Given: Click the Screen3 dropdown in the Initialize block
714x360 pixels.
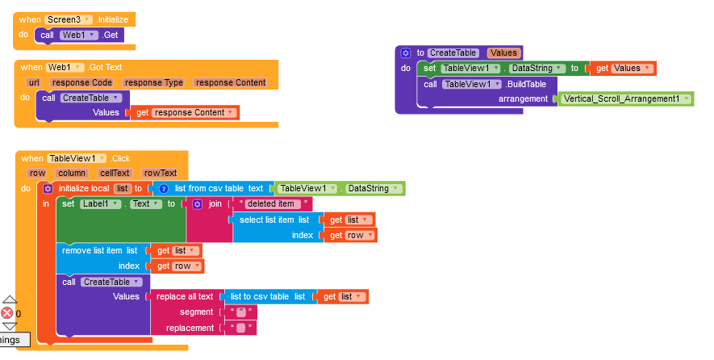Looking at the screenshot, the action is [69, 19].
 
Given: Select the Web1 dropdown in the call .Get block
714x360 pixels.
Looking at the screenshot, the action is [78, 35].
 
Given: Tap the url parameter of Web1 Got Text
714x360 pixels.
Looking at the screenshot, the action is [34, 82].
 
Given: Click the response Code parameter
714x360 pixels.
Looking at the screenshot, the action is [81, 82].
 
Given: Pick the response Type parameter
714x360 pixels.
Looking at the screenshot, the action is [153, 82].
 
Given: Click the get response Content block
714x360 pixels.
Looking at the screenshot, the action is [185, 112].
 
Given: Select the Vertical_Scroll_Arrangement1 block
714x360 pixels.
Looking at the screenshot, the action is [624, 99].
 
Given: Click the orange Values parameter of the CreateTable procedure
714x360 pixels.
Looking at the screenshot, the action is [503, 52].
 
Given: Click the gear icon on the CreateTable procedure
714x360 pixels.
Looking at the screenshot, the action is [405, 53].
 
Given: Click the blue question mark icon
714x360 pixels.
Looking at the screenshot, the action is [164, 189].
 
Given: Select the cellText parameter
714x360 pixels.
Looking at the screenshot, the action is [115, 174].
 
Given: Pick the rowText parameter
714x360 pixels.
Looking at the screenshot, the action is [160, 174].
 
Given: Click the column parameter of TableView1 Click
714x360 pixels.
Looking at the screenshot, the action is [72, 174].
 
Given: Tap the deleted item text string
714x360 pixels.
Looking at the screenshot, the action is [273, 203].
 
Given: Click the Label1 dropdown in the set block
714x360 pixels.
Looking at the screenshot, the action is [101, 204].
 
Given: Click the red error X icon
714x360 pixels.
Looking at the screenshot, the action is [6, 313].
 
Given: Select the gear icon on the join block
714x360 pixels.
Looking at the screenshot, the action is [197, 204].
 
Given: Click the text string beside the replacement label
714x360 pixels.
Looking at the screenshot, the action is [241, 328].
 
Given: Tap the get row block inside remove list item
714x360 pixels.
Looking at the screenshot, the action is [177, 266].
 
